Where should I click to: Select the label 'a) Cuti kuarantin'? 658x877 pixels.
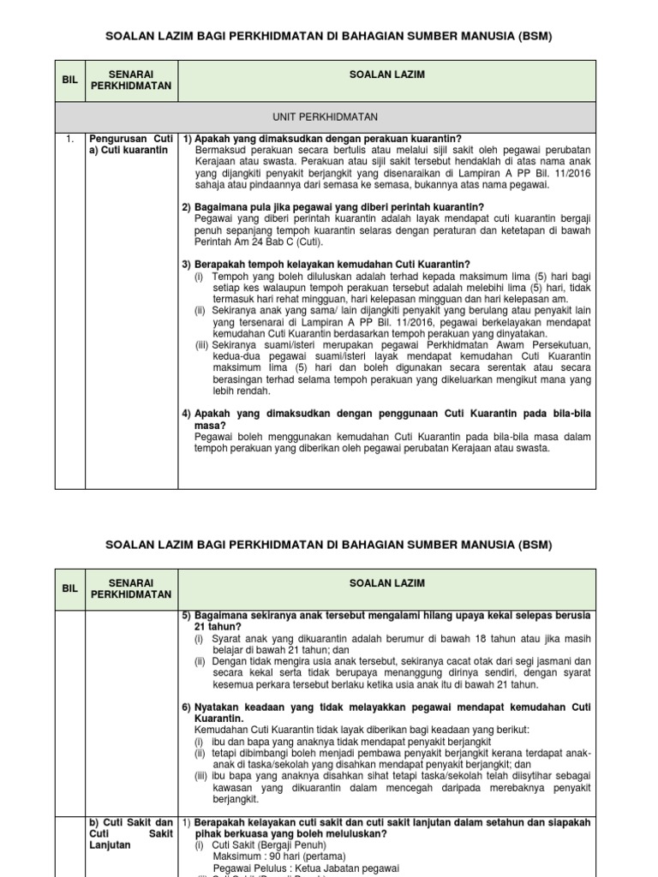(129, 150)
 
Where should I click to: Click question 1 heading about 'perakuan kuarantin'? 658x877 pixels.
(322, 139)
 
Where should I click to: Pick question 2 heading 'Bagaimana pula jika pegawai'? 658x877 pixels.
(333, 207)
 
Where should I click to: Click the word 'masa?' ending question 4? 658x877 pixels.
(210, 425)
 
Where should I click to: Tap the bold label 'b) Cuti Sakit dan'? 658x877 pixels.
(132, 822)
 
